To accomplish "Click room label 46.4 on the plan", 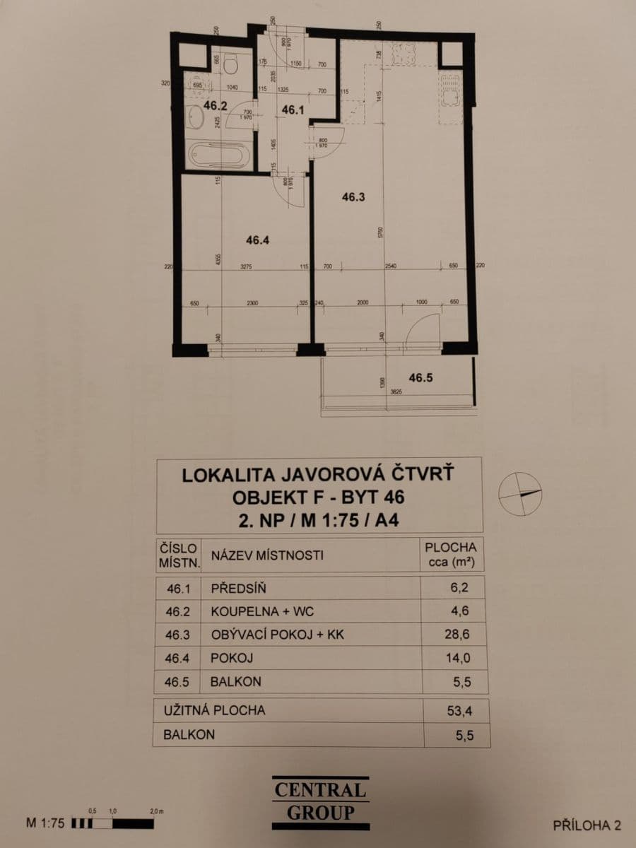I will click(x=258, y=240).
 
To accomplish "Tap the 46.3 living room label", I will click(x=353, y=199).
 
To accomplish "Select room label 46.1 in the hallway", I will click(x=293, y=110).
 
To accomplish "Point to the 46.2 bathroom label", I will click(x=214, y=106).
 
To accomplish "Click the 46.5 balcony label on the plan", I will click(x=420, y=377).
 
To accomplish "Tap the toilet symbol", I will click(x=230, y=64).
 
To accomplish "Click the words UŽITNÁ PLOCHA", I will click(x=215, y=710).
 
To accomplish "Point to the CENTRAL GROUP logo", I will click(x=320, y=801).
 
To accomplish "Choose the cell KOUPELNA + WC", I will click(x=262, y=611).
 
